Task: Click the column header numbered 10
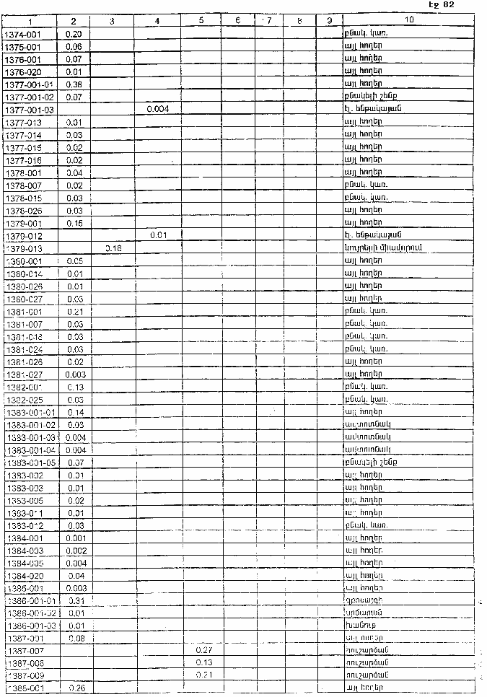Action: point(409,22)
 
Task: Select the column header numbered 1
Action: point(30,22)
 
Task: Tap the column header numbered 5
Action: point(201,22)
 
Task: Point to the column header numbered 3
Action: point(112,22)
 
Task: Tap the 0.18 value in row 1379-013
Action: point(113,247)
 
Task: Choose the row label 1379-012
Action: point(25,235)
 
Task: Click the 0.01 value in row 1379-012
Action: point(158,235)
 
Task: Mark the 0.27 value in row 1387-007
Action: point(203,651)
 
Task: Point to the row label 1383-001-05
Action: point(31,462)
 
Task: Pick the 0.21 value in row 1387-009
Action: point(203,675)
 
